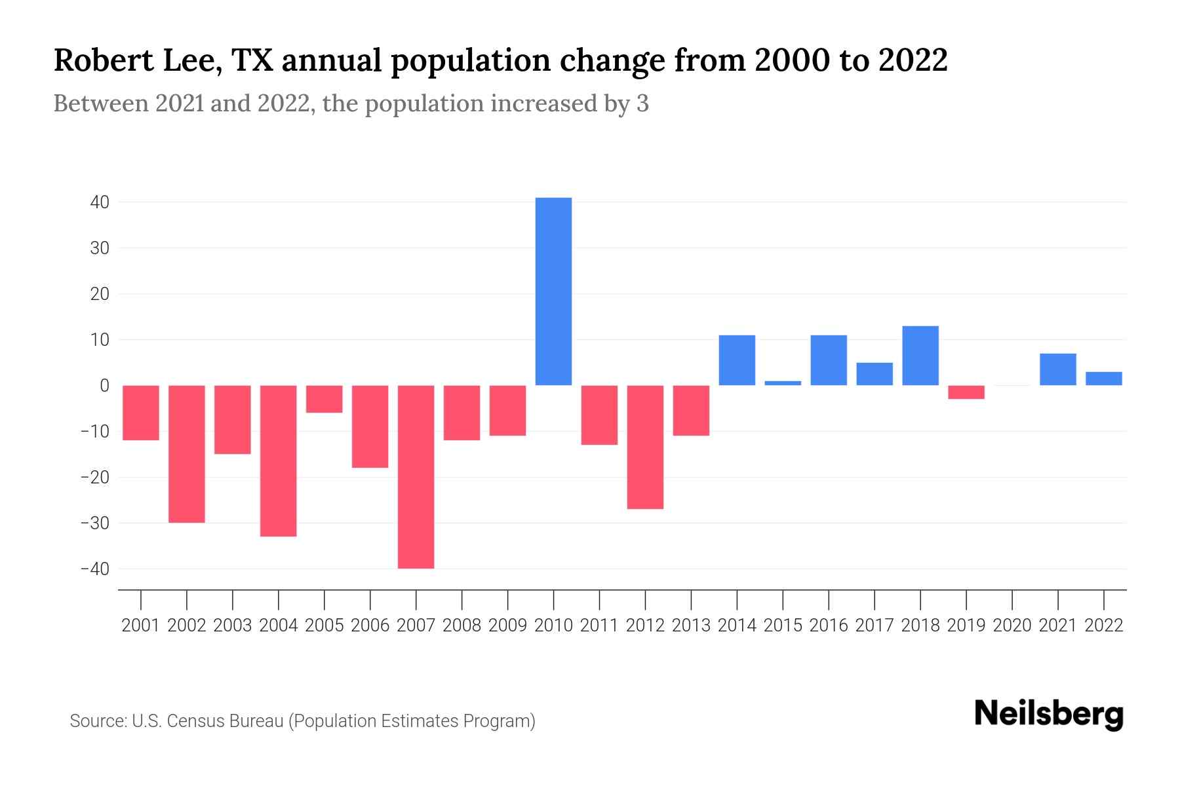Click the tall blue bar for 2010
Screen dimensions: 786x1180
553,291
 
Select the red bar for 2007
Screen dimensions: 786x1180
416,477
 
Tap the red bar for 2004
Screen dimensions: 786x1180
278,460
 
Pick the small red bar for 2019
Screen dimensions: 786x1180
966,392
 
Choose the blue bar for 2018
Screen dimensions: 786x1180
920,356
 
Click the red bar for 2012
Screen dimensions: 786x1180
645,447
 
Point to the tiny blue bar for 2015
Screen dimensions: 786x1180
783,383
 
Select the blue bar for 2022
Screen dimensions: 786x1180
1104,379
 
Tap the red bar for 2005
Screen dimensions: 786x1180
324,399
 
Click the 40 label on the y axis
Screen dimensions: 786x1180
100,202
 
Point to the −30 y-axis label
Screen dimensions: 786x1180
94,523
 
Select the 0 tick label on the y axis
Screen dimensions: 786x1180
104,386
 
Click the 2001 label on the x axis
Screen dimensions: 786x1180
141,626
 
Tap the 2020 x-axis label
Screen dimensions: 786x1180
1012,626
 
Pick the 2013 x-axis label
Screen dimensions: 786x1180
691,626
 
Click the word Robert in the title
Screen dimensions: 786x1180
98,60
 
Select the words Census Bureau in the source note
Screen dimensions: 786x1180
226,721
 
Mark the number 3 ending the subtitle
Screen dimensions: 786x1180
642,104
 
